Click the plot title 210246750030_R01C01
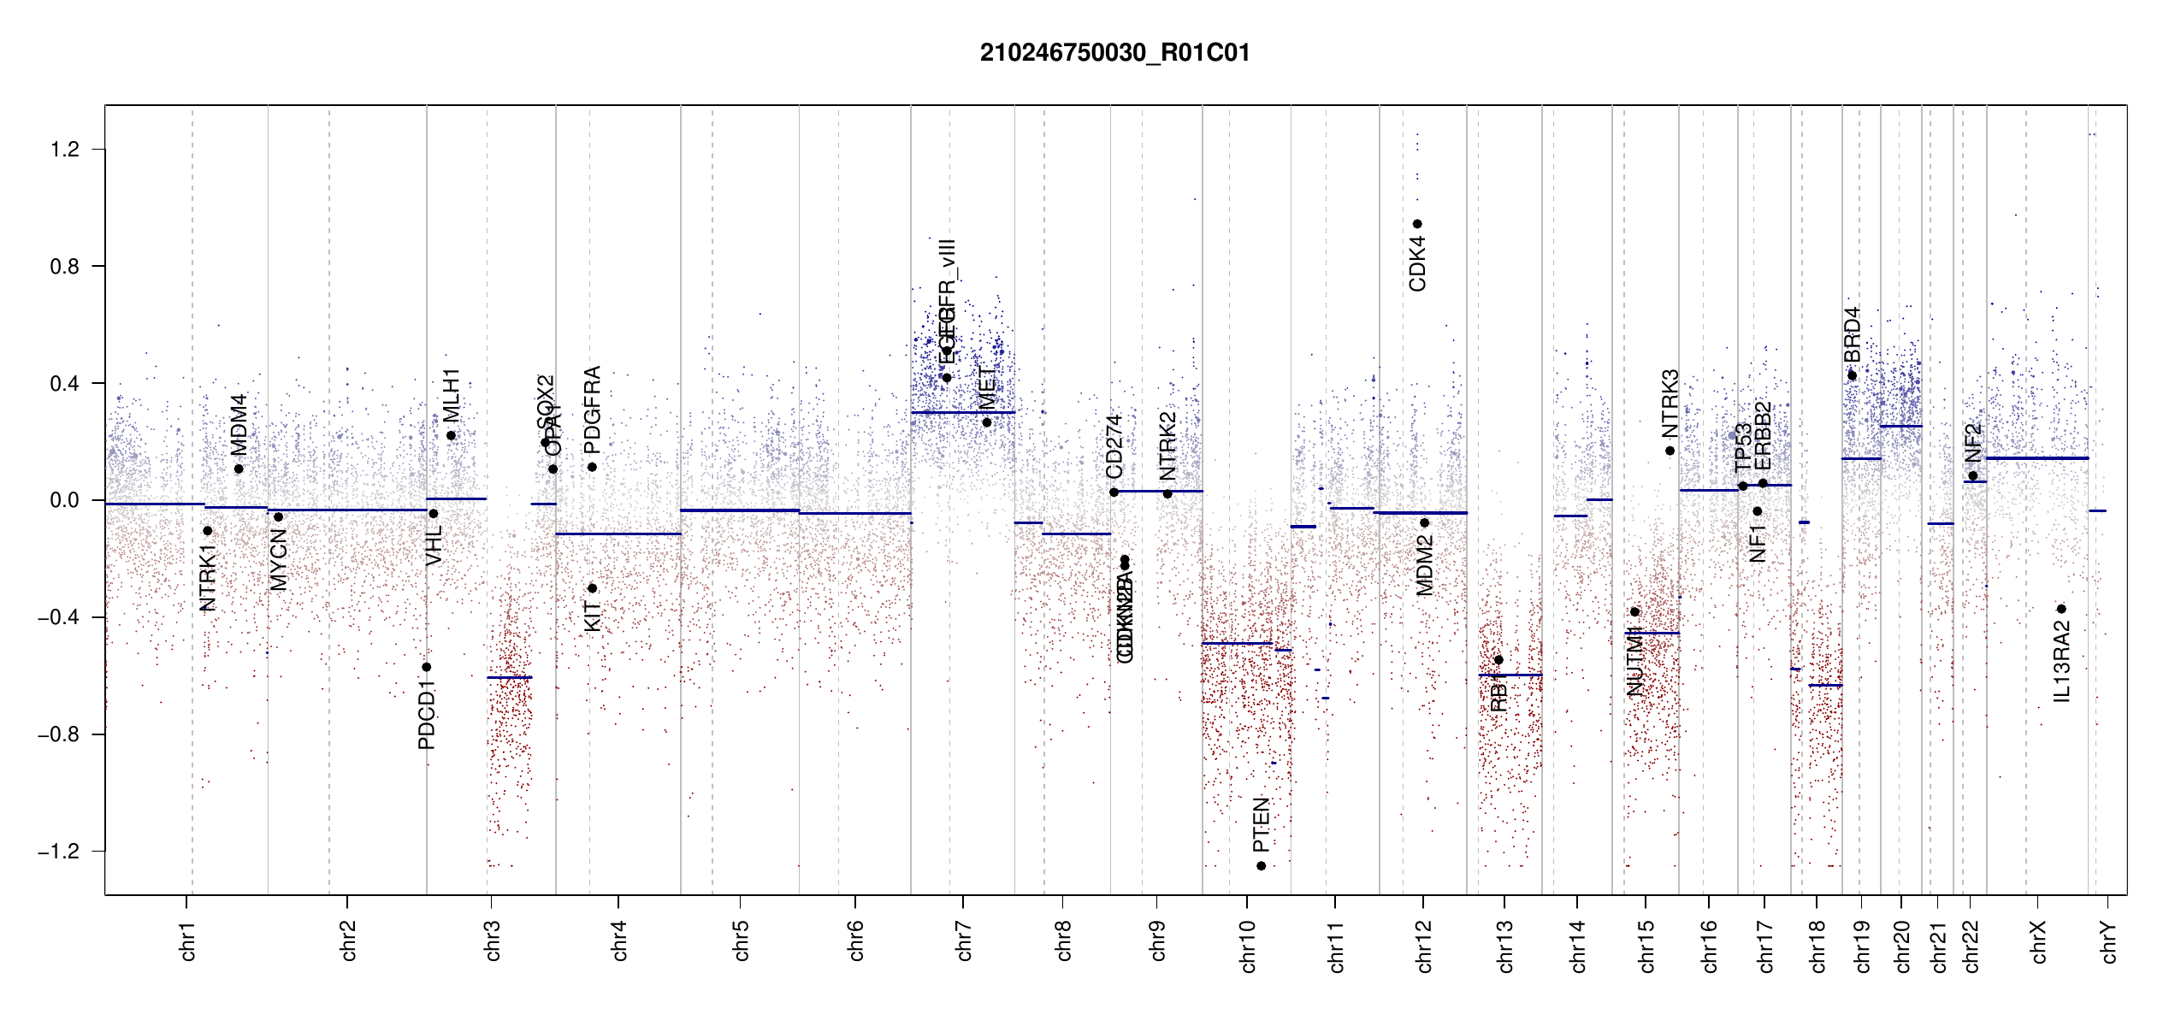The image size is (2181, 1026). click(1114, 53)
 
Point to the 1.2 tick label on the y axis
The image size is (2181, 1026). click(64, 150)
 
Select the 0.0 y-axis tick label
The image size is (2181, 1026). click(64, 500)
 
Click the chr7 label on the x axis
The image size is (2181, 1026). click(964, 941)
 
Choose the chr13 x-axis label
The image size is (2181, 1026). click(1504, 946)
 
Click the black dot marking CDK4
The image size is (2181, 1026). click(1417, 224)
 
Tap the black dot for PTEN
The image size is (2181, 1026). click(1261, 866)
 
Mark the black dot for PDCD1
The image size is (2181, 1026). click(427, 667)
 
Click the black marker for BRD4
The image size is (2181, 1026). click(1852, 375)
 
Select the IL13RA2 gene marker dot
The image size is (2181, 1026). click(2061, 609)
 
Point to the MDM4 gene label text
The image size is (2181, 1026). click(238, 425)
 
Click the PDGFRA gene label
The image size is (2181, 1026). click(592, 410)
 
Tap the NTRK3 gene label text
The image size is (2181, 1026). click(1670, 404)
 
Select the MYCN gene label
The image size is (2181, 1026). click(278, 560)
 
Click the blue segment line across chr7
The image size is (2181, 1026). click(962, 413)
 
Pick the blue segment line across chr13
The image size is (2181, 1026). click(1510, 675)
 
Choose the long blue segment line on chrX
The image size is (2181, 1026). click(2036, 458)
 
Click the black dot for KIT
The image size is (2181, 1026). click(592, 588)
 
